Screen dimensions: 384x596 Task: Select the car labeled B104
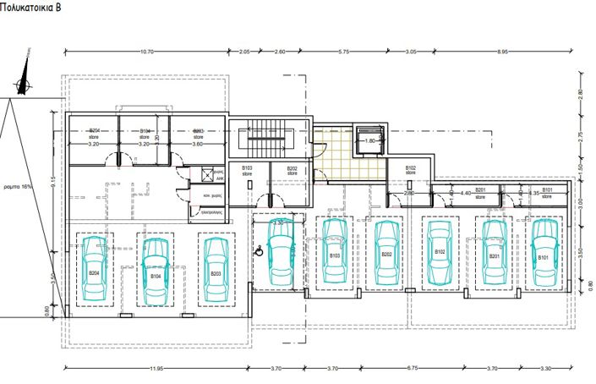pyautogui.click(x=154, y=270)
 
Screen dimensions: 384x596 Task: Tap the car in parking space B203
pyautogui.click(x=215, y=270)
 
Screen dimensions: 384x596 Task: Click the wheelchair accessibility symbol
pyautogui.click(x=260, y=250)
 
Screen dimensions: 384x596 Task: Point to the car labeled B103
pyautogui.click(x=334, y=251)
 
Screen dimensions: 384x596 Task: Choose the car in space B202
pyautogui.click(x=386, y=251)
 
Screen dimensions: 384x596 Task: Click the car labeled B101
pyautogui.click(x=542, y=251)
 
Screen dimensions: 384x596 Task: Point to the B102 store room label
pyautogui.click(x=411, y=170)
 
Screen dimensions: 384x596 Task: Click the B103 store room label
pyautogui.click(x=248, y=170)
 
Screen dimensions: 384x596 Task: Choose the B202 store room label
pyautogui.click(x=292, y=170)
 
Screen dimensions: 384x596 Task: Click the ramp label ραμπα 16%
pyautogui.click(x=17, y=185)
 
